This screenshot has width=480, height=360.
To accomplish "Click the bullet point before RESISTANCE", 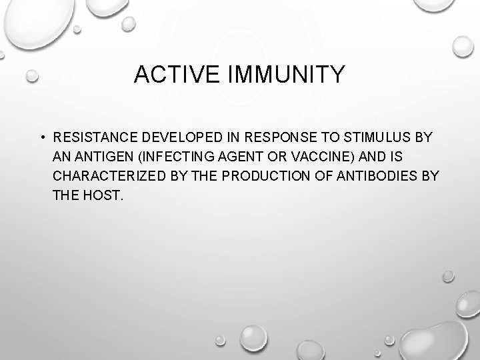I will [x=41, y=138].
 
